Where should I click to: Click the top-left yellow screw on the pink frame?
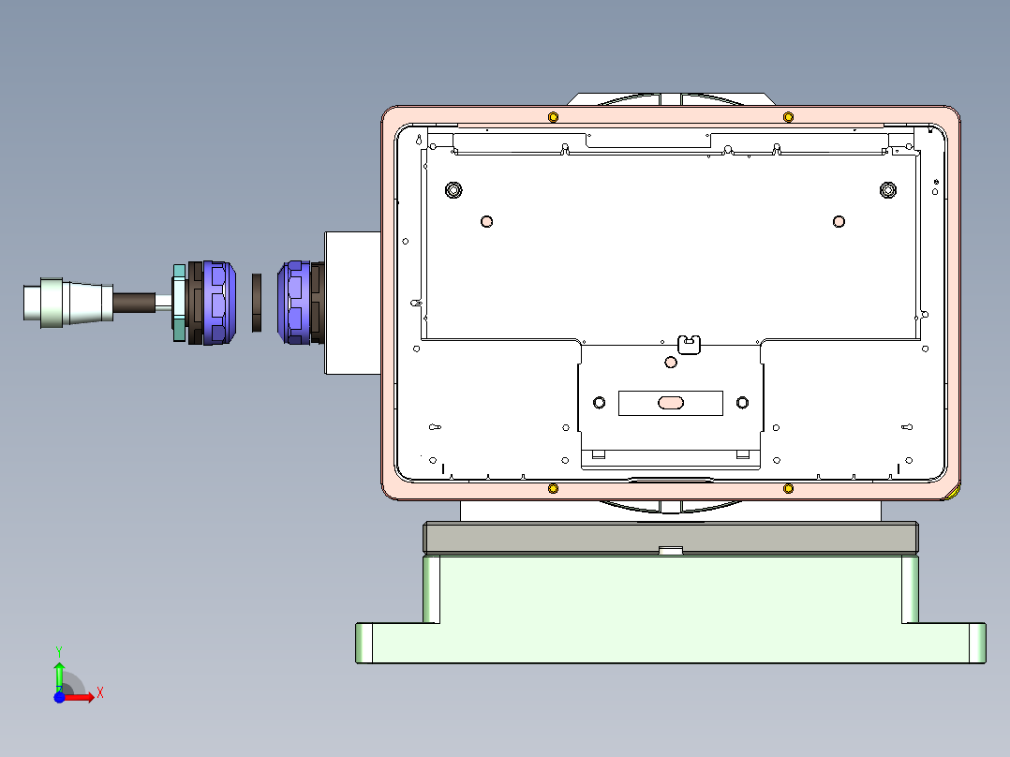[x=553, y=116]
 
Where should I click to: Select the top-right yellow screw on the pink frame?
[x=788, y=116]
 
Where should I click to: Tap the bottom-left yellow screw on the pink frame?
[x=553, y=489]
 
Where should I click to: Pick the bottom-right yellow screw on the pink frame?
[x=788, y=489]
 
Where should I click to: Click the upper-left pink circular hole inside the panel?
[x=486, y=221]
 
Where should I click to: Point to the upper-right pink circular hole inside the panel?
[x=839, y=221]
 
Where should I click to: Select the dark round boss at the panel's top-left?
[x=453, y=190]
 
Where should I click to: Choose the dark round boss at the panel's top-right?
[x=888, y=190]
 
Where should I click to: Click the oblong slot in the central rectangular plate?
[x=671, y=403]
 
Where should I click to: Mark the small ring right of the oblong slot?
[x=743, y=403]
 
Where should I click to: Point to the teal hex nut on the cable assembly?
[x=179, y=303]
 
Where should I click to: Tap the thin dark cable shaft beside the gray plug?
[x=135, y=303]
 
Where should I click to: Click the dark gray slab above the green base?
[x=671, y=538]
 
